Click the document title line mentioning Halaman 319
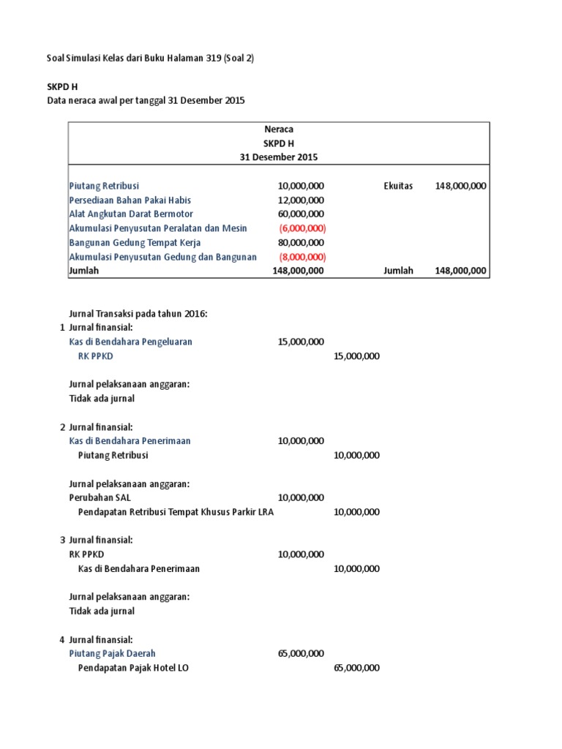151,59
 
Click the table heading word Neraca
278,129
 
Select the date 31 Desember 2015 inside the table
278,157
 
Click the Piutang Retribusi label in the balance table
104,186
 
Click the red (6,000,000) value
302,228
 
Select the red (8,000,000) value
302,257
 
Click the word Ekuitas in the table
398,186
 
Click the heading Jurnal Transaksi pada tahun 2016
138,314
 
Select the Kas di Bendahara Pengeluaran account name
131,342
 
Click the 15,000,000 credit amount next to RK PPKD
356,356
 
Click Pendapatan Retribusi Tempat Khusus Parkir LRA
176,512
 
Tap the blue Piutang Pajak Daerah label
112,653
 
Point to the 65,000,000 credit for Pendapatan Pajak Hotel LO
356,668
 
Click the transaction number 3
62,540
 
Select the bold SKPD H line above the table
62,87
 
